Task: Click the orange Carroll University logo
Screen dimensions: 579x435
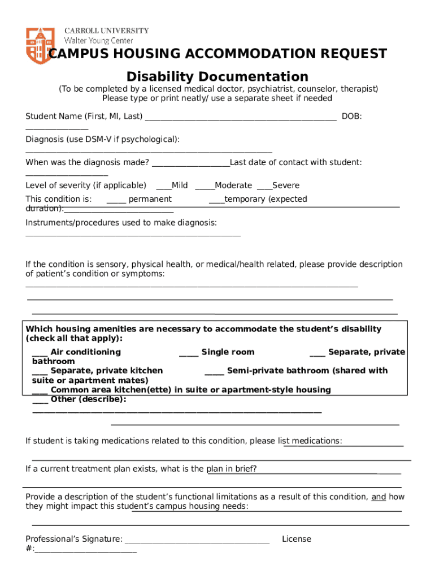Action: pos(38,45)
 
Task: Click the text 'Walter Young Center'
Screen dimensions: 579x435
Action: pos(99,41)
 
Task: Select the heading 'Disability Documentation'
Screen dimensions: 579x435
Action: pos(217,76)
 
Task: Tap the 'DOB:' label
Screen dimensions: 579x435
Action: pos(352,116)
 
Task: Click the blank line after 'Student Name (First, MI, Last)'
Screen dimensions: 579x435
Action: pos(241,117)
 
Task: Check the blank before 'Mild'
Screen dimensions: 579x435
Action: pos(163,186)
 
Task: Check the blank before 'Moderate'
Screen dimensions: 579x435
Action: pos(204,186)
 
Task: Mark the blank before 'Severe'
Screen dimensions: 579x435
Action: pos(264,186)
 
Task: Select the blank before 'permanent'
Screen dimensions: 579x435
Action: pos(116,200)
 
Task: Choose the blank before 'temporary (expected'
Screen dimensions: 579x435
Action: pos(216,200)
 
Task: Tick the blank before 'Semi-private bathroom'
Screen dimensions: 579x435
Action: pos(214,371)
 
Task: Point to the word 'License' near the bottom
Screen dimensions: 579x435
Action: pos(297,539)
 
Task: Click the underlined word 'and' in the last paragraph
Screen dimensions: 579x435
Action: pos(379,496)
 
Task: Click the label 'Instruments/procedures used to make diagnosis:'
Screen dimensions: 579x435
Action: pos(121,223)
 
